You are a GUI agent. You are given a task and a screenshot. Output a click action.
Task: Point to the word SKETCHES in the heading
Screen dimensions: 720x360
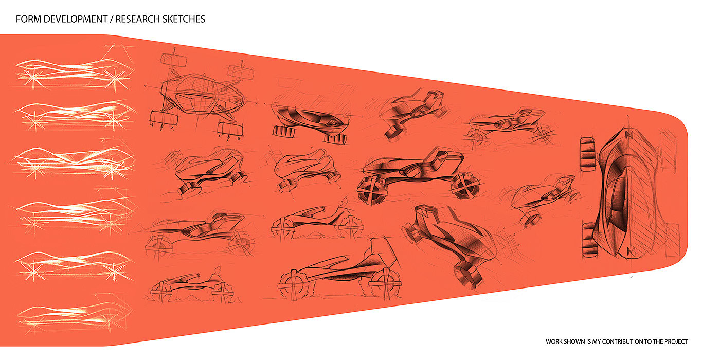(185, 20)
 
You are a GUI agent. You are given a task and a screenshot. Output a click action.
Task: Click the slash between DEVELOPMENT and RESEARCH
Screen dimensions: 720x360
(112, 20)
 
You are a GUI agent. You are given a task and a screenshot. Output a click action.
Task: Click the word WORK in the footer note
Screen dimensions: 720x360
(554, 341)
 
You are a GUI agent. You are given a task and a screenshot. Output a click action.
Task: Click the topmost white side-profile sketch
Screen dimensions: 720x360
(72, 69)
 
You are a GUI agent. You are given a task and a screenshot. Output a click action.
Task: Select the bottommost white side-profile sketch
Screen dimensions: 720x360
(72, 311)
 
